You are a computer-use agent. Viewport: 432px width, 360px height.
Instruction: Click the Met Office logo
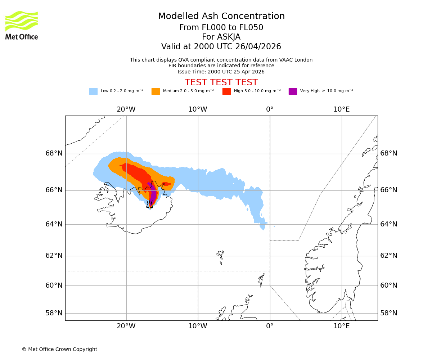coord(22,25)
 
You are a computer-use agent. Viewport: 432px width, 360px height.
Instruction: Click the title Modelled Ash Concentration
coord(221,17)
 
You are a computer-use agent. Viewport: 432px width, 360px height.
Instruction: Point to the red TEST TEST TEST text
coord(221,82)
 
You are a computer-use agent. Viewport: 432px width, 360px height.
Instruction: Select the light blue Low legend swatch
coord(93,91)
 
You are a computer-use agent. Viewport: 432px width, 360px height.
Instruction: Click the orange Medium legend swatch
coord(156,91)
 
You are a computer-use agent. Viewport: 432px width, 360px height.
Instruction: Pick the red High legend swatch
coord(226,91)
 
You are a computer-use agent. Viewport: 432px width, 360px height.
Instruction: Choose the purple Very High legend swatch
coord(293,91)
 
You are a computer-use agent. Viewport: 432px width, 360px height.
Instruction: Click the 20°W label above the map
coord(126,109)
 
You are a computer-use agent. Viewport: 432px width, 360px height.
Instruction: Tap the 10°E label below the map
coord(341,326)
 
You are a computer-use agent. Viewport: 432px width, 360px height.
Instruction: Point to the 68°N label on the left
coord(54,153)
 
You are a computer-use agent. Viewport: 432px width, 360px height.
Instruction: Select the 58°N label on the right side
coord(389,313)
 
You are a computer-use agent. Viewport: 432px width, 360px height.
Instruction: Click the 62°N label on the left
coord(54,256)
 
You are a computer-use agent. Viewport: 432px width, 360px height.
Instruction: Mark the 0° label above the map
coord(270,109)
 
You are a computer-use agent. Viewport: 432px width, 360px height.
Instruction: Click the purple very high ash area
coord(153,194)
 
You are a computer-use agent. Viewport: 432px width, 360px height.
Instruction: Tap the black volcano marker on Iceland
coord(149,204)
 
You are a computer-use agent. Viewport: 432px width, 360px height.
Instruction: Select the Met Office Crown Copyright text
coord(59,349)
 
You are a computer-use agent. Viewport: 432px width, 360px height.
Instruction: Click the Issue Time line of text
coord(221,72)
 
